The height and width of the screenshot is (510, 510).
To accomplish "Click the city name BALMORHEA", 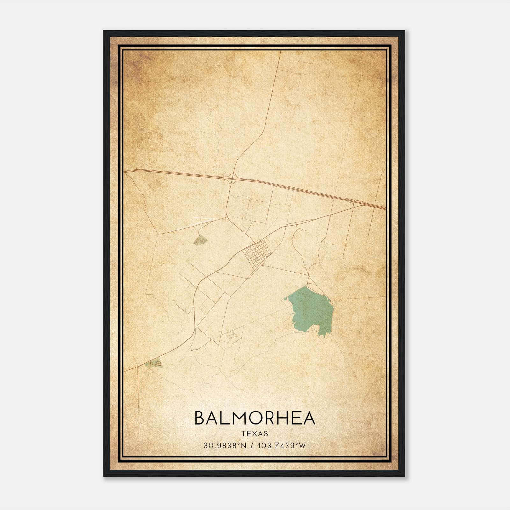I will (255, 418).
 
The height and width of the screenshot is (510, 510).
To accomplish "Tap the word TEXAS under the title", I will (255, 433).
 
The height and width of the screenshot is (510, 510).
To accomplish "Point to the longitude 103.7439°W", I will (281, 445).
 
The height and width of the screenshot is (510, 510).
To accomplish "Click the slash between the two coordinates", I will (253, 445).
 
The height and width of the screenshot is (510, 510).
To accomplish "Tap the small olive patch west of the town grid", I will (200, 240).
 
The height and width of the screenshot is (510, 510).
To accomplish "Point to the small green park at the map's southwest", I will (154, 363).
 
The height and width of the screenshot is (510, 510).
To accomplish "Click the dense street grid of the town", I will (256, 254).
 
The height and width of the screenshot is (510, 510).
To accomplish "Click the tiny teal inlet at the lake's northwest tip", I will (286, 299).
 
